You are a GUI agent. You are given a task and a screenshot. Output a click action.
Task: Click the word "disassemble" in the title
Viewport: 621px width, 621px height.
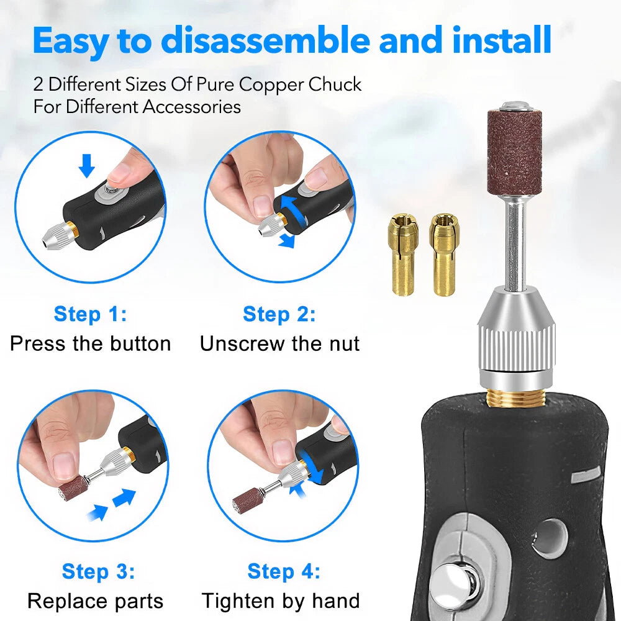point(265,40)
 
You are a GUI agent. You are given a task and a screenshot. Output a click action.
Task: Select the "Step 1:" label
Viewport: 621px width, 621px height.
point(90,314)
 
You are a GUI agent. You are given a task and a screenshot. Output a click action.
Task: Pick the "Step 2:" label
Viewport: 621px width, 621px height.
point(279,314)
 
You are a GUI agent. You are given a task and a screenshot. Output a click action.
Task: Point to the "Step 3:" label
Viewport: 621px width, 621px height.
point(98,571)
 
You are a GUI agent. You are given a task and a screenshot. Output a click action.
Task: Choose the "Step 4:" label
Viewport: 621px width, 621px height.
point(284,571)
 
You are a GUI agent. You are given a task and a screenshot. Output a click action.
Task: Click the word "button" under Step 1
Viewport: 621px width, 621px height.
point(140,343)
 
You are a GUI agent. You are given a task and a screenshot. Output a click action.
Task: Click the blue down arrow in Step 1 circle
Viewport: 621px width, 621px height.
point(87,166)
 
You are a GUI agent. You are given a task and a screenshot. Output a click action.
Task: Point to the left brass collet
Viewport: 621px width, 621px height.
point(403,254)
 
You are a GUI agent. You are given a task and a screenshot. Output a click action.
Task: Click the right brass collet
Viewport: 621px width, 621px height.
point(443,254)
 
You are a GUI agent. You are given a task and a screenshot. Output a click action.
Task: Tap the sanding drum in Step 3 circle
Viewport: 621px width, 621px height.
point(73,488)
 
